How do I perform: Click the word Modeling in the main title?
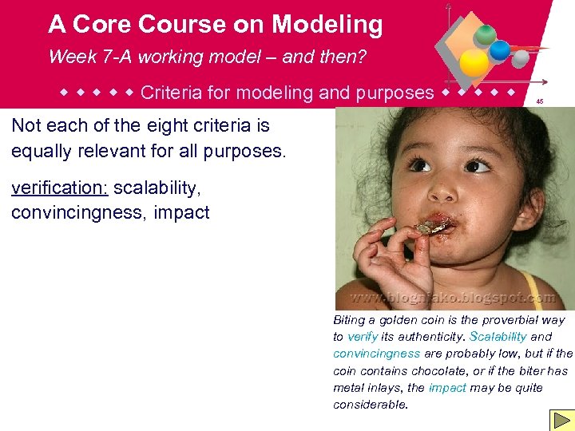pos(327,25)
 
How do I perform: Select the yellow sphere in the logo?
pos(474,63)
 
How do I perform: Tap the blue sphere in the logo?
pos(500,50)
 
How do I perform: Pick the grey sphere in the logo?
pos(520,58)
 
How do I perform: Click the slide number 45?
pos(540,101)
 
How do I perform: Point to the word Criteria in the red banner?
pos(169,93)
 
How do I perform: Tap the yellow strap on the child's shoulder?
pos(531,288)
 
